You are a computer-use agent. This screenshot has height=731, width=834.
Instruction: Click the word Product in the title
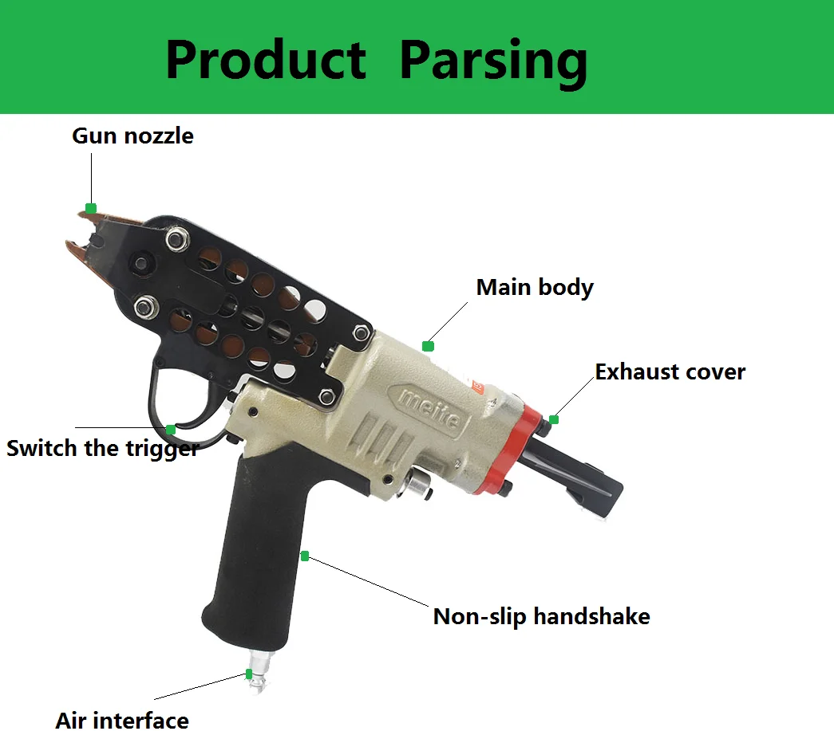265,61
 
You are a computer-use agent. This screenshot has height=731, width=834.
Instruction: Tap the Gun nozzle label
132,136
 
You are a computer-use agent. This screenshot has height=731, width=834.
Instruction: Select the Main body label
534,287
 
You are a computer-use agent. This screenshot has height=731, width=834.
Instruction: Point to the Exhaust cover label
670,371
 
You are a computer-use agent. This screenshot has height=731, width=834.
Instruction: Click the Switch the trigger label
102,448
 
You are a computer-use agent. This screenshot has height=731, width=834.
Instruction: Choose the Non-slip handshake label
541,615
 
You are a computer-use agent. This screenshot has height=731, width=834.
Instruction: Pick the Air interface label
122,720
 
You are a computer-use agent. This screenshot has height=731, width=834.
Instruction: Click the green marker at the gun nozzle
91,209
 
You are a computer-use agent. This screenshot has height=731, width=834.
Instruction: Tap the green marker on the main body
428,346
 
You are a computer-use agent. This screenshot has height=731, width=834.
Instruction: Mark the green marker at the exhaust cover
554,419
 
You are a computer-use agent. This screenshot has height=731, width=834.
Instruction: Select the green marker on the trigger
170,430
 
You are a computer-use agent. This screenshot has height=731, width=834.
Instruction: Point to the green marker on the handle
305,556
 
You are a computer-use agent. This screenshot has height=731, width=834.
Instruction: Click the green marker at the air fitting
249,674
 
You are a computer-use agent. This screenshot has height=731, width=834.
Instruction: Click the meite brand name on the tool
430,407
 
